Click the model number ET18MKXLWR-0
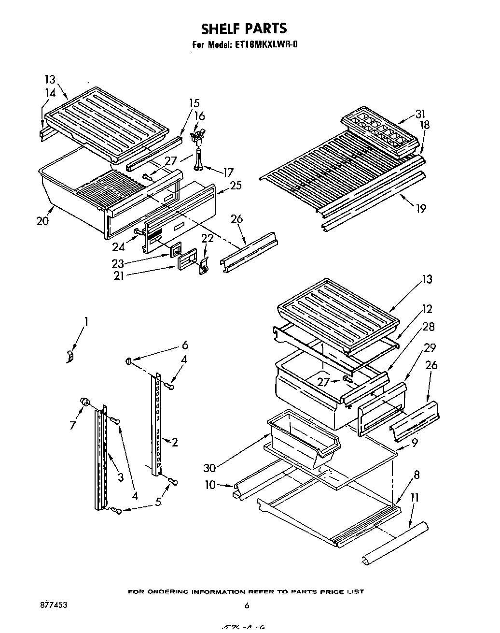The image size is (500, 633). coord(268,45)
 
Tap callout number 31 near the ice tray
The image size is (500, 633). coord(421,114)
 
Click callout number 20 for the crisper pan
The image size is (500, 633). coord(42,221)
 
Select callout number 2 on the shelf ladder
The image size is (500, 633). coord(175,442)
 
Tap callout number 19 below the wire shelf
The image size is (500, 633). coord(421,208)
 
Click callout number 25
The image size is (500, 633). coord(236,185)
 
